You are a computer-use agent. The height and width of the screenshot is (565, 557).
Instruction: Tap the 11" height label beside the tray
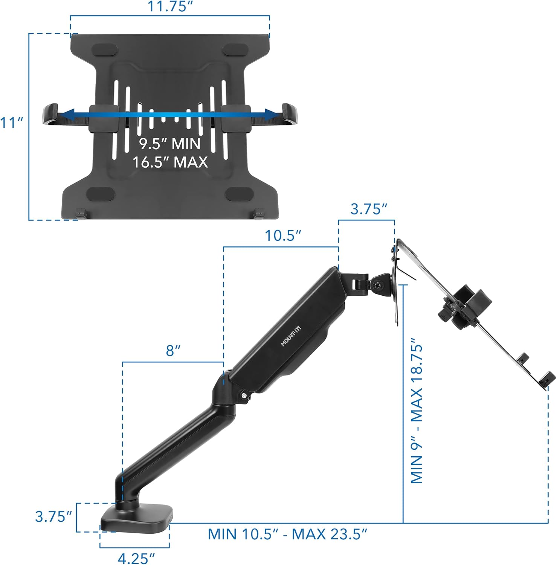(x=12, y=123)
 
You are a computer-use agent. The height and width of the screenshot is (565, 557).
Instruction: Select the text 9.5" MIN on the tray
(x=169, y=144)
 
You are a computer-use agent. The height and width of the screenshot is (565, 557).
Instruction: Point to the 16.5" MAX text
(x=170, y=162)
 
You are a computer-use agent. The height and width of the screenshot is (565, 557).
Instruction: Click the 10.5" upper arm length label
(x=283, y=236)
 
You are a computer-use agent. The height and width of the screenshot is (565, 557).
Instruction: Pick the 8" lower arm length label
(x=173, y=351)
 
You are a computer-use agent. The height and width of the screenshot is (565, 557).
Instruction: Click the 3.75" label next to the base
(x=53, y=516)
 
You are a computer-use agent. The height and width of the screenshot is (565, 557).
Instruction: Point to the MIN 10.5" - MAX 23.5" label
(x=287, y=534)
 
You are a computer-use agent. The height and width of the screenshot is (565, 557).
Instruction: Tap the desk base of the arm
(x=136, y=517)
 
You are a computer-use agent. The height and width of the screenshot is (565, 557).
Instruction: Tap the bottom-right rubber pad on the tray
(x=238, y=194)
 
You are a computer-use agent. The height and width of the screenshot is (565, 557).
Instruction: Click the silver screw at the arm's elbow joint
(x=244, y=395)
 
